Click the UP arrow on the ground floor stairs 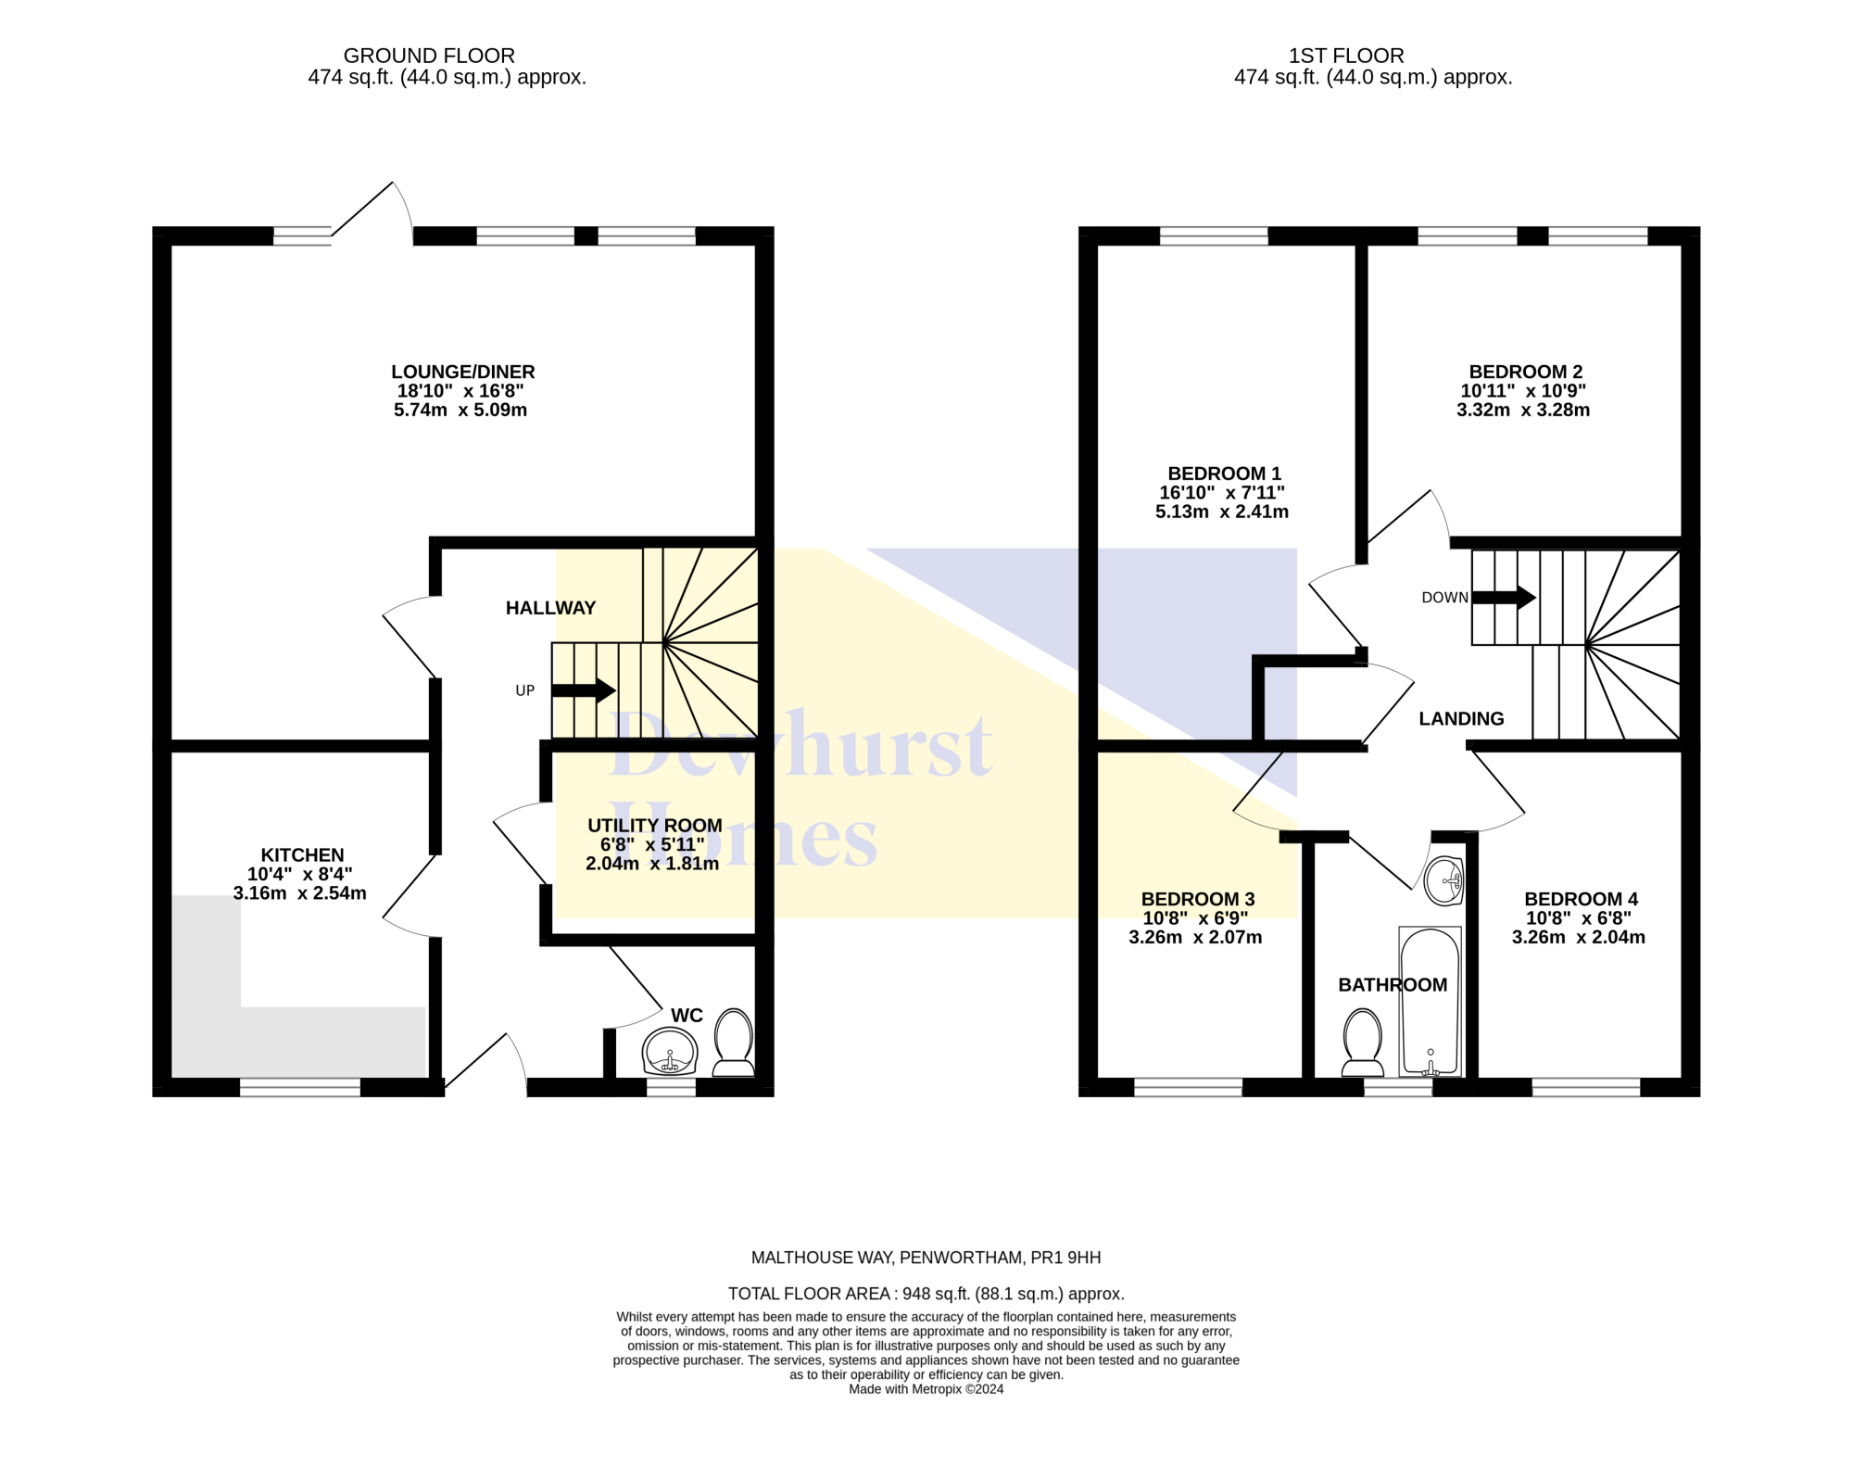[x=583, y=690]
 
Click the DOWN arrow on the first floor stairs [x=1504, y=598]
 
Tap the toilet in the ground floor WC [x=734, y=1043]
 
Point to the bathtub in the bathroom [x=1430, y=1001]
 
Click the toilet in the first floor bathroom [x=1363, y=1043]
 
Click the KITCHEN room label [x=302, y=854]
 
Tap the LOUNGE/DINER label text [x=462, y=372]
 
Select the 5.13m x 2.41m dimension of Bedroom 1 [x=1221, y=512]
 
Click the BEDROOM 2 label [x=1525, y=372]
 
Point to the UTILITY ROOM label [x=654, y=825]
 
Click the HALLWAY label [x=550, y=608]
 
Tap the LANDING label [x=1461, y=718]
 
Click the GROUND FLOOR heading [x=429, y=56]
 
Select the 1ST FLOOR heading [x=1346, y=56]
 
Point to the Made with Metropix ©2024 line [x=926, y=1389]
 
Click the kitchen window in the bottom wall [x=300, y=1087]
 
